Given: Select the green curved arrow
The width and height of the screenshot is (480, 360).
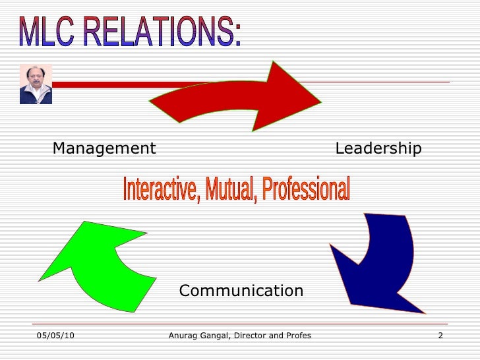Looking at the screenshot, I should pos(99,264).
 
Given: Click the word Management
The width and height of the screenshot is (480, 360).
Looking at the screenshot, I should pos(104,148).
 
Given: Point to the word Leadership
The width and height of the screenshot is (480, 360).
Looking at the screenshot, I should pos(378,148).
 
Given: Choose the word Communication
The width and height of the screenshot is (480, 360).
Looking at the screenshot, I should pos(241,290).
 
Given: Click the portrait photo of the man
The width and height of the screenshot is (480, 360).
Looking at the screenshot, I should pos(36,84).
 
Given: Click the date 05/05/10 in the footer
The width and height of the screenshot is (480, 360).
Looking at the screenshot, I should pos(55,336).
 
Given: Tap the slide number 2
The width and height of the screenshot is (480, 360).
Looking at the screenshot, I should pos(440,336).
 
